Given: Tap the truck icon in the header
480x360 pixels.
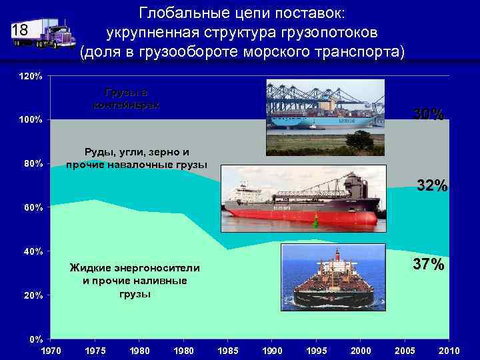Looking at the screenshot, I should coord(54,33).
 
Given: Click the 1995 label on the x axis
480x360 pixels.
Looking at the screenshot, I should coord(317,350).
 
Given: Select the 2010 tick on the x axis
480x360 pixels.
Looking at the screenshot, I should coord(449,350).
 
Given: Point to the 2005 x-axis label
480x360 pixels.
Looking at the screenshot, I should coord(405,350).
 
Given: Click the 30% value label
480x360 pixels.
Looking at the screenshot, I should coord(428,115).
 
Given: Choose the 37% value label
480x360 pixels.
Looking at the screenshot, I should coord(428,265).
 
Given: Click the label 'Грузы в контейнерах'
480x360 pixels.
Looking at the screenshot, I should coord(126,98).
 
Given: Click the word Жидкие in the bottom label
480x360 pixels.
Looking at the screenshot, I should coord(95,268).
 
